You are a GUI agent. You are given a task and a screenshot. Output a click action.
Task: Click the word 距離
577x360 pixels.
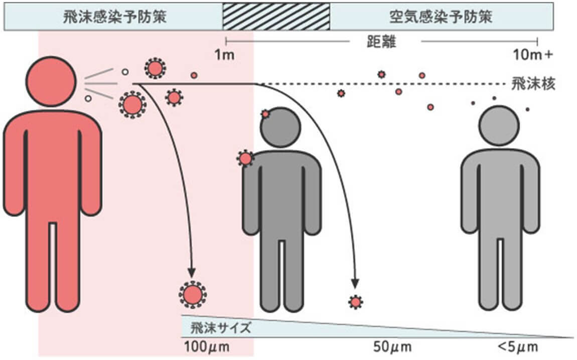point(385,42)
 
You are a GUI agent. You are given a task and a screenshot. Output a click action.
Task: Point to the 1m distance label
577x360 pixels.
point(224,55)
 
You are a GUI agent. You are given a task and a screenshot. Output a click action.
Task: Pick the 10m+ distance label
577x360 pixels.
point(533,55)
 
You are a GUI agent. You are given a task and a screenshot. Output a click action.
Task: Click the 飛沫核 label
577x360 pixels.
point(534,83)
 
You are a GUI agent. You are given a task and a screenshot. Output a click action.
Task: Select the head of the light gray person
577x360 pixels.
point(499,126)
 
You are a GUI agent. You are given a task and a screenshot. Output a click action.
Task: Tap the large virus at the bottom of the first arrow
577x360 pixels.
point(193,295)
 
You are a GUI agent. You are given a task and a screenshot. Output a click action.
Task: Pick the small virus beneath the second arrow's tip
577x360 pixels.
point(356,302)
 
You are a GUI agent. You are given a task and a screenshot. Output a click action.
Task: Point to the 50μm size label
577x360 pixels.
point(392,346)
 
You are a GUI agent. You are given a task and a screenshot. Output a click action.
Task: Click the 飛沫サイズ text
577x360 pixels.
point(220,329)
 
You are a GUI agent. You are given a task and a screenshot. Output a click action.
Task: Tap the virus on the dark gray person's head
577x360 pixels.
point(265,114)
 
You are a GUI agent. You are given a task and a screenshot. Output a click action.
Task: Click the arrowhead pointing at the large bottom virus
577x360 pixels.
point(191,272)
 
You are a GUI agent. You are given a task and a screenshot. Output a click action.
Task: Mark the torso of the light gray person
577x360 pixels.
point(500,191)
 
